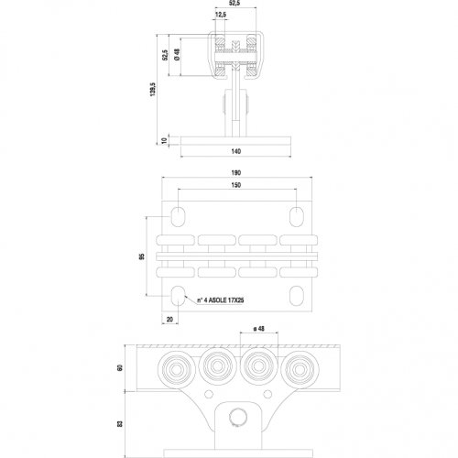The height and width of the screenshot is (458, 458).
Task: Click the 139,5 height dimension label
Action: pos(153,90)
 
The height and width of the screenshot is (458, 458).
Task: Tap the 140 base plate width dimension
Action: pos(236,151)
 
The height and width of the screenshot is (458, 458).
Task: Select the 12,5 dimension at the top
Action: pos(221,15)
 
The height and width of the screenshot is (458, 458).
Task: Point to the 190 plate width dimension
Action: pos(236,173)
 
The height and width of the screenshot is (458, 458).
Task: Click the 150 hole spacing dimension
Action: pos(236,185)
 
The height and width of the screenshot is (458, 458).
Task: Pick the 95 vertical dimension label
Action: pos(142,256)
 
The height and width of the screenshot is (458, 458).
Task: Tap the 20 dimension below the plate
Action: pos(169,320)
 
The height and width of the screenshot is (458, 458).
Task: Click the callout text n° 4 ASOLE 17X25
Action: pos(220,300)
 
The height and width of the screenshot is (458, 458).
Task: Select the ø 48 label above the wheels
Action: pos(259,329)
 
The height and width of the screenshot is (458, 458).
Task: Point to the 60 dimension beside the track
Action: pos(120,367)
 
